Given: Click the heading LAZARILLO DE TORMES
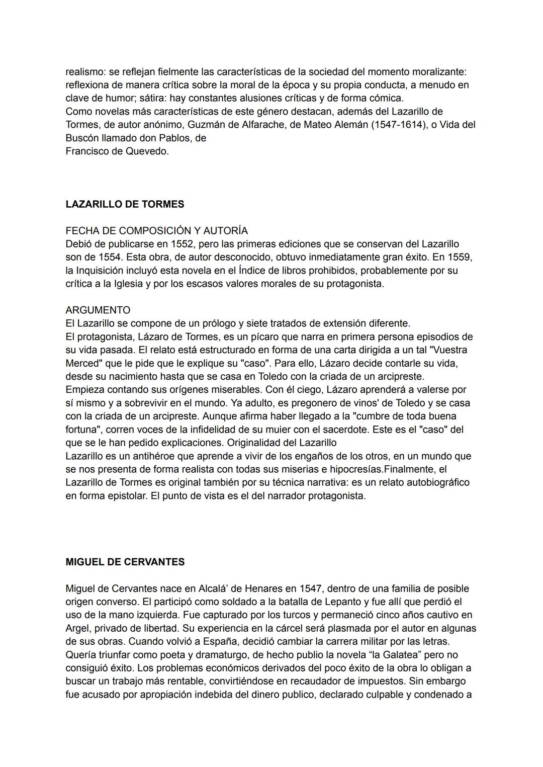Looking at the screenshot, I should point(125,204).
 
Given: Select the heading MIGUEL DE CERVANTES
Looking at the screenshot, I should point(125,562).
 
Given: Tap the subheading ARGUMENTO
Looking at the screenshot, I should point(98,310).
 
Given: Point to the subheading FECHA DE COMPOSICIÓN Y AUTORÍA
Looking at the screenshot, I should point(156,230).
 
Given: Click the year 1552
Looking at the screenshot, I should point(182,244).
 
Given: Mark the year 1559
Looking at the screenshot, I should point(461,257).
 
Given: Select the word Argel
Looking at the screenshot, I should point(77,628).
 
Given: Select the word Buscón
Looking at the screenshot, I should point(82,138).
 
